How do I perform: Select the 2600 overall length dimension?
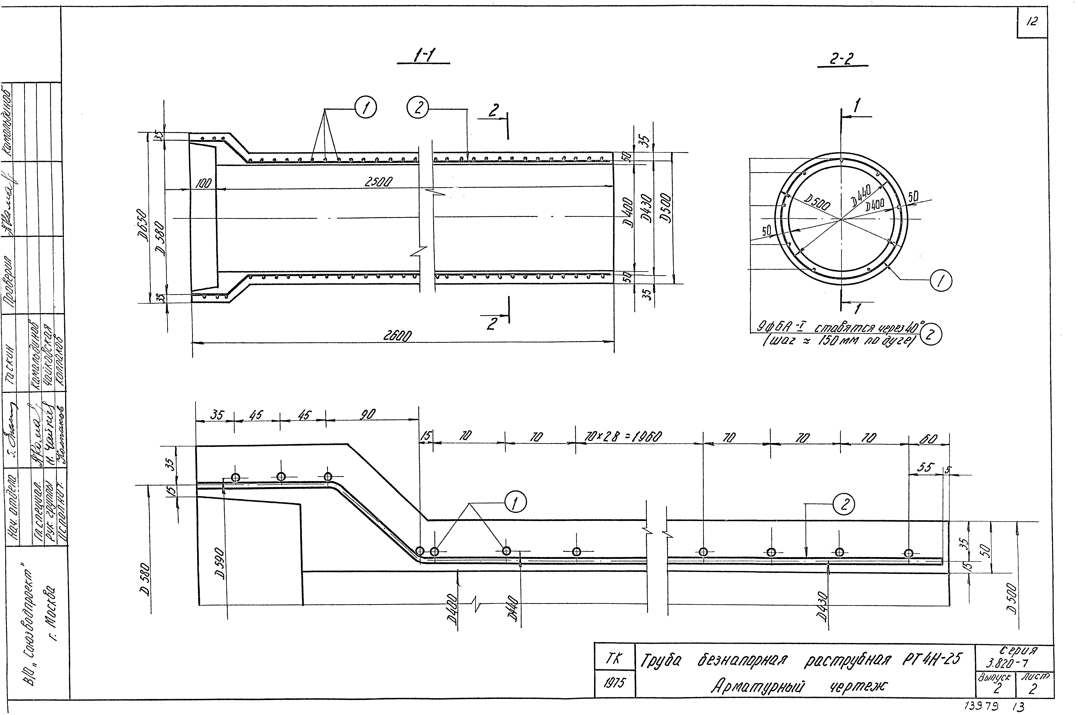pos(397,336)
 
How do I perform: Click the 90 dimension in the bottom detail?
pos(368,414)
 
